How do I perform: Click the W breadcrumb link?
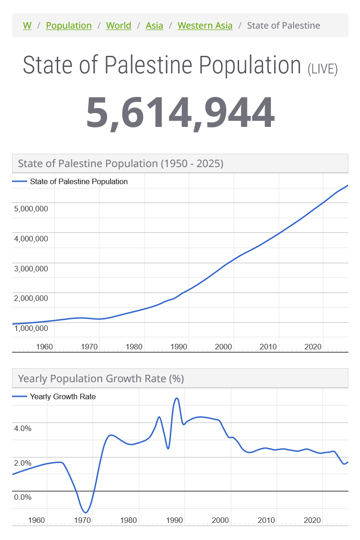click(27, 25)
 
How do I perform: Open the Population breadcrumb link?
click(69, 25)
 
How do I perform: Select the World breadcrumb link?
click(119, 25)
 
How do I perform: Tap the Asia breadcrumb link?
click(154, 25)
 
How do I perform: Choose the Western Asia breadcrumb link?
click(205, 25)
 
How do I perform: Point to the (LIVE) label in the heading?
click(323, 69)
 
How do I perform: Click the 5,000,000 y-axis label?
click(31, 209)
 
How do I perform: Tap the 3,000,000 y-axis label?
click(31, 269)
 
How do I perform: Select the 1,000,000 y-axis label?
click(31, 328)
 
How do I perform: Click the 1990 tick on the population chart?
click(178, 347)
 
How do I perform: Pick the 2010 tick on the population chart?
click(268, 347)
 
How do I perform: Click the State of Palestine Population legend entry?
click(78, 181)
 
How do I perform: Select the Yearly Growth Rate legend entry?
click(63, 396)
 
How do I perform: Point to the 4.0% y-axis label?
click(23, 428)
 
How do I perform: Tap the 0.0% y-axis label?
click(23, 497)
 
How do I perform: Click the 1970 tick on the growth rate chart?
click(83, 520)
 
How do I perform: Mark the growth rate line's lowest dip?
click(85, 512)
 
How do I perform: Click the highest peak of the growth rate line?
click(176, 398)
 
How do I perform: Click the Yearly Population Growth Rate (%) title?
click(101, 379)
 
